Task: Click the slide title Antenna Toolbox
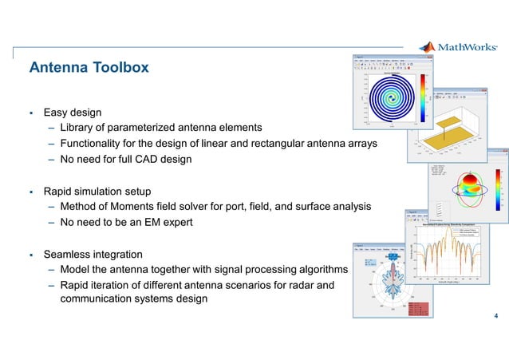pyautogui.click(x=89, y=68)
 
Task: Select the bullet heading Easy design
pyautogui.click(x=72, y=113)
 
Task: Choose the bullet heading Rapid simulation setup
pyautogui.click(x=97, y=192)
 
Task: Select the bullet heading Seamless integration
pyautogui.click(x=93, y=255)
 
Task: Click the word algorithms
pyautogui.click(x=318, y=270)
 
